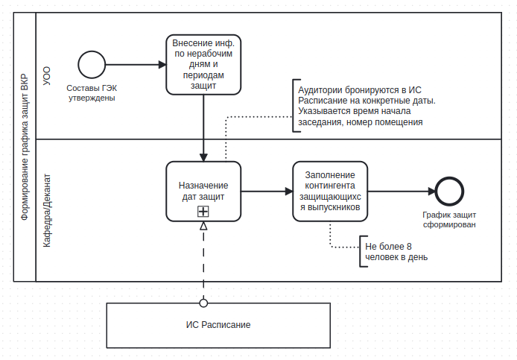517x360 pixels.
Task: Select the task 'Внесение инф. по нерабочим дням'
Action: tap(203, 65)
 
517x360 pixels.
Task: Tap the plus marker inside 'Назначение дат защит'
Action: tap(203, 211)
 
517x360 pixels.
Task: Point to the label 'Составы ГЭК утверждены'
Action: tap(92, 93)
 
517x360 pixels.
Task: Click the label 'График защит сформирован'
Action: tap(449, 220)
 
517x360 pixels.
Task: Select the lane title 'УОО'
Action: tap(47, 76)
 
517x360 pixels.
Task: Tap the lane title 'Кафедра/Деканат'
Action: tap(47, 210)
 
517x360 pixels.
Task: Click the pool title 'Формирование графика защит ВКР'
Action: tap(25, 147)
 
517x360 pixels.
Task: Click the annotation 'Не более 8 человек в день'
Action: tap(396, 252)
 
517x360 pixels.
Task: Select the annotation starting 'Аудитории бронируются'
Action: tap(367, 106)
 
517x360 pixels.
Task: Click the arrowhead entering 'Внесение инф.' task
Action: tap(162, 65)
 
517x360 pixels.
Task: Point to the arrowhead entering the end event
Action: tap(431, 192)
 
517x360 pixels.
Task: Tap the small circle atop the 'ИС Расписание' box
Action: tap(203, 303)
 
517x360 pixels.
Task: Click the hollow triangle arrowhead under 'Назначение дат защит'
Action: tap(203, 226)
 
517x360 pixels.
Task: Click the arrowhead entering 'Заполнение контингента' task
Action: tap(289, 192)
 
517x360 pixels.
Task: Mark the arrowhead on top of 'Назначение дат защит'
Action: tap(203, 157)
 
